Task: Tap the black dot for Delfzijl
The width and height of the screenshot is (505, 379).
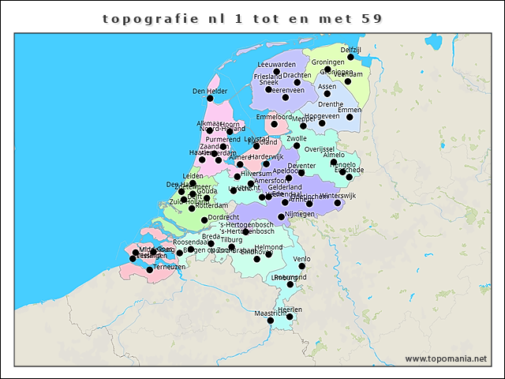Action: pyautogui.click(x=350, y=58)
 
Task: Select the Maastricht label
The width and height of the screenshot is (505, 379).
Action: pyautogui.click(x=269, y=313)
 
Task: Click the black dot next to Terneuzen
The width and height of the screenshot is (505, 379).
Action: pyautogui.click(x=149, y=270)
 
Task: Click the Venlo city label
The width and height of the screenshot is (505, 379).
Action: pyautogui.click(x=301, y=258)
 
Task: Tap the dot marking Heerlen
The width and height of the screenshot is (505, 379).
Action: pyautogui.click(x=290, y=317)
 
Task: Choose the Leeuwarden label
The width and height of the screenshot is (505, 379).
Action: pyautogui.click(x=276, y=65)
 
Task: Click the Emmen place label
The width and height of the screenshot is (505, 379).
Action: pyautogui.click(x=350, y=110)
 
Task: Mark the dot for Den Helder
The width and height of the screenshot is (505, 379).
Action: pyautogui.click(x=210, y=99)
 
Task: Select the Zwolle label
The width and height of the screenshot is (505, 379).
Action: pyautogui.click(x=297, y=138)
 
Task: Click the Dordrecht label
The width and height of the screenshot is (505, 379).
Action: pyautogui.click(x=223, y=216)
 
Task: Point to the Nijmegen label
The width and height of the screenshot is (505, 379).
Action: pyautogui.click(x=299, y=214)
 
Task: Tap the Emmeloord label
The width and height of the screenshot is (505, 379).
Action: pyautogui.click(x=274, y=117)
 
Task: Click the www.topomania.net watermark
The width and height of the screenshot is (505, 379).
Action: pyautogui.click(x=446, y=358)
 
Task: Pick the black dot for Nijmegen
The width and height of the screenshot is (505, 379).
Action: pyautogui.click(x=282, y=215)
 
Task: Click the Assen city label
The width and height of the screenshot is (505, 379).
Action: pyautogui.click(x=327, y=86)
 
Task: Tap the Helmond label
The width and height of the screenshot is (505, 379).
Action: pyautogui.click(x=268, y=247)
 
